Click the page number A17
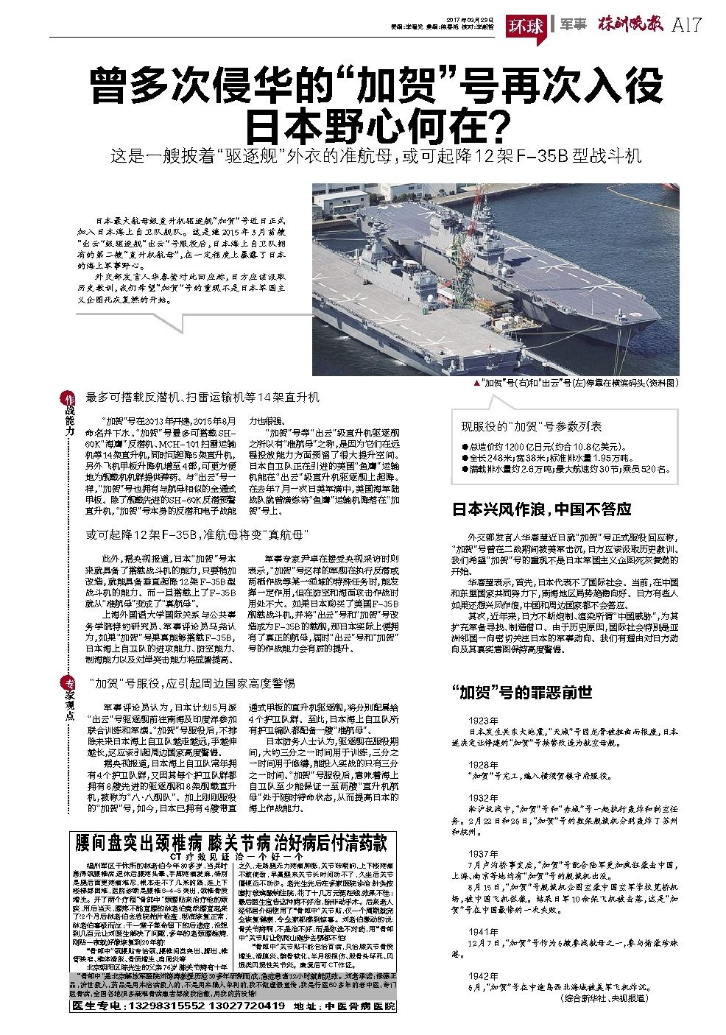click(686, 24)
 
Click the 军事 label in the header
click(572, 25)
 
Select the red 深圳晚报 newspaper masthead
click(630, 24)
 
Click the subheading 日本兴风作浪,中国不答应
click(541, 509)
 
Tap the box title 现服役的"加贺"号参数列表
click(532, 426)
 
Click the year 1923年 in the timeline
click(483, 719)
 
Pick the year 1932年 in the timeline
click(483, 797)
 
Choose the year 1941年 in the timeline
click(483, 930)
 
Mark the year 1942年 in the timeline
click(483, 975)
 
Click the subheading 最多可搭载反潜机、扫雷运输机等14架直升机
click(202, 398)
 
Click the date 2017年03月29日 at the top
click(470, 20)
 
